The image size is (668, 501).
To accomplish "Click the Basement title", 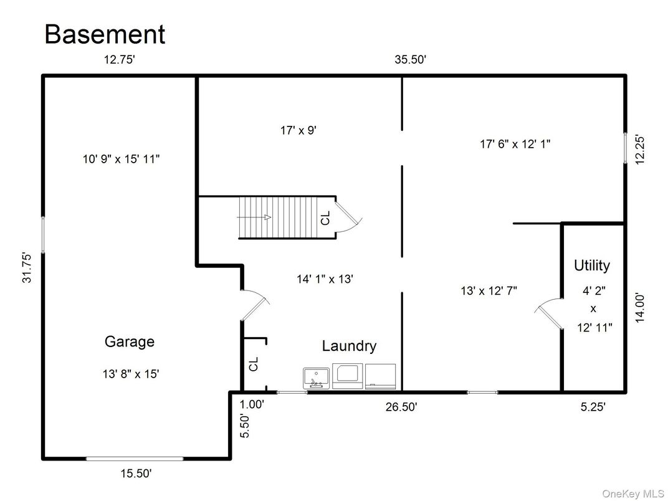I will pos(105,34).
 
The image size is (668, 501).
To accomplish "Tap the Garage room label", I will pos(129,341).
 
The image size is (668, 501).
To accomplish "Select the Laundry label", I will pos(349,346).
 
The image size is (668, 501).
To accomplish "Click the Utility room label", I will pos(591,265).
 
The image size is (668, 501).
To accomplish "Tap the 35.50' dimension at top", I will pos(410,60).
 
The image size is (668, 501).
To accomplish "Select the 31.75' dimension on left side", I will pos(27,268).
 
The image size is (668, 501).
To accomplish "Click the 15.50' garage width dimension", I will pos(136,474).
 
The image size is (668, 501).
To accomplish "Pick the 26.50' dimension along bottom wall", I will pos(401,407).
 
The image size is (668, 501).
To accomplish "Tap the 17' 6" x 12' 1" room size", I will pos(515,144).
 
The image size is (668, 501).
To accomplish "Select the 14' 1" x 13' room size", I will pos(325,280).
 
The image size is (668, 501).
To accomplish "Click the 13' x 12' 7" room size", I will pos(489,290).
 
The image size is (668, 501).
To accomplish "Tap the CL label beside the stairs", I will pos(325,217).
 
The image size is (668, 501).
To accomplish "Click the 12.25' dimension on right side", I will pos(640,150).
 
